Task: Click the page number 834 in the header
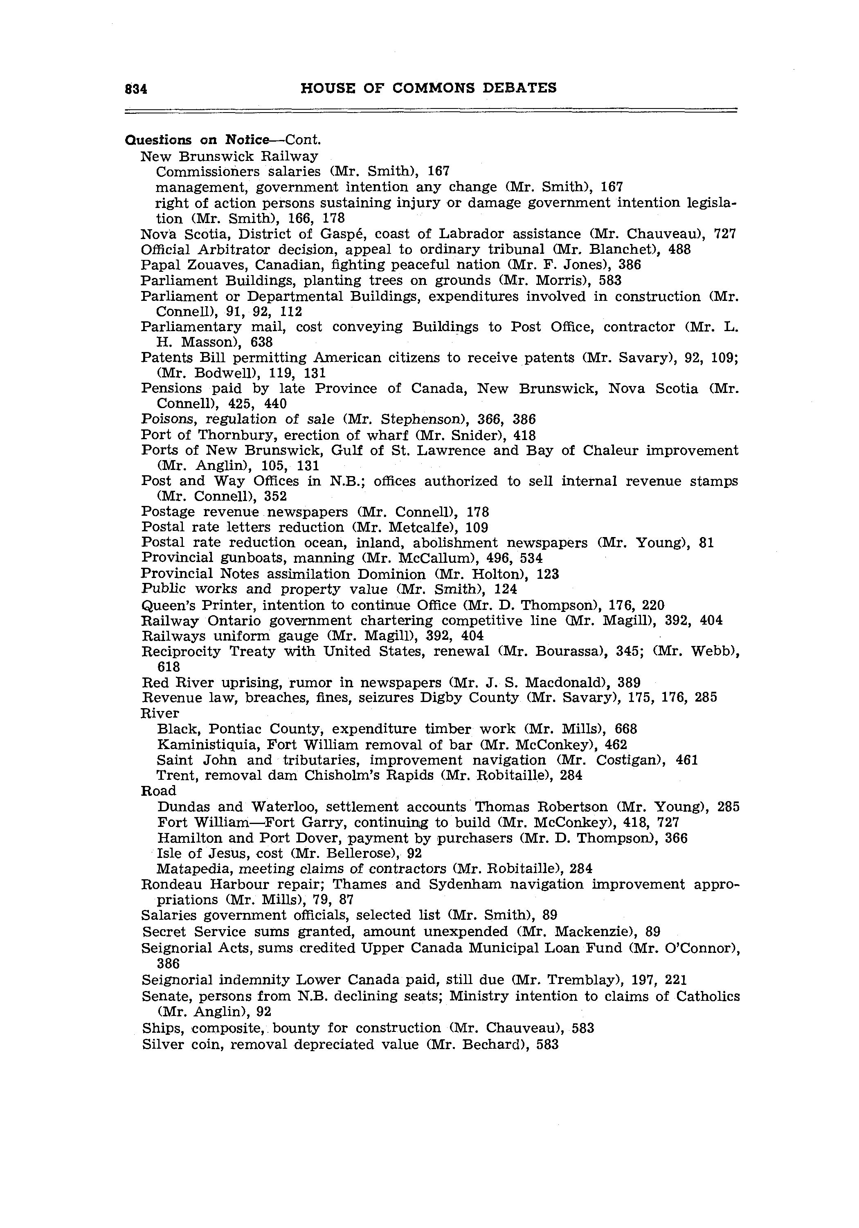pos(136,89)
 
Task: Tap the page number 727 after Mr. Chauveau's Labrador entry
pos(725,234)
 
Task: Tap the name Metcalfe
pos(425,528)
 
